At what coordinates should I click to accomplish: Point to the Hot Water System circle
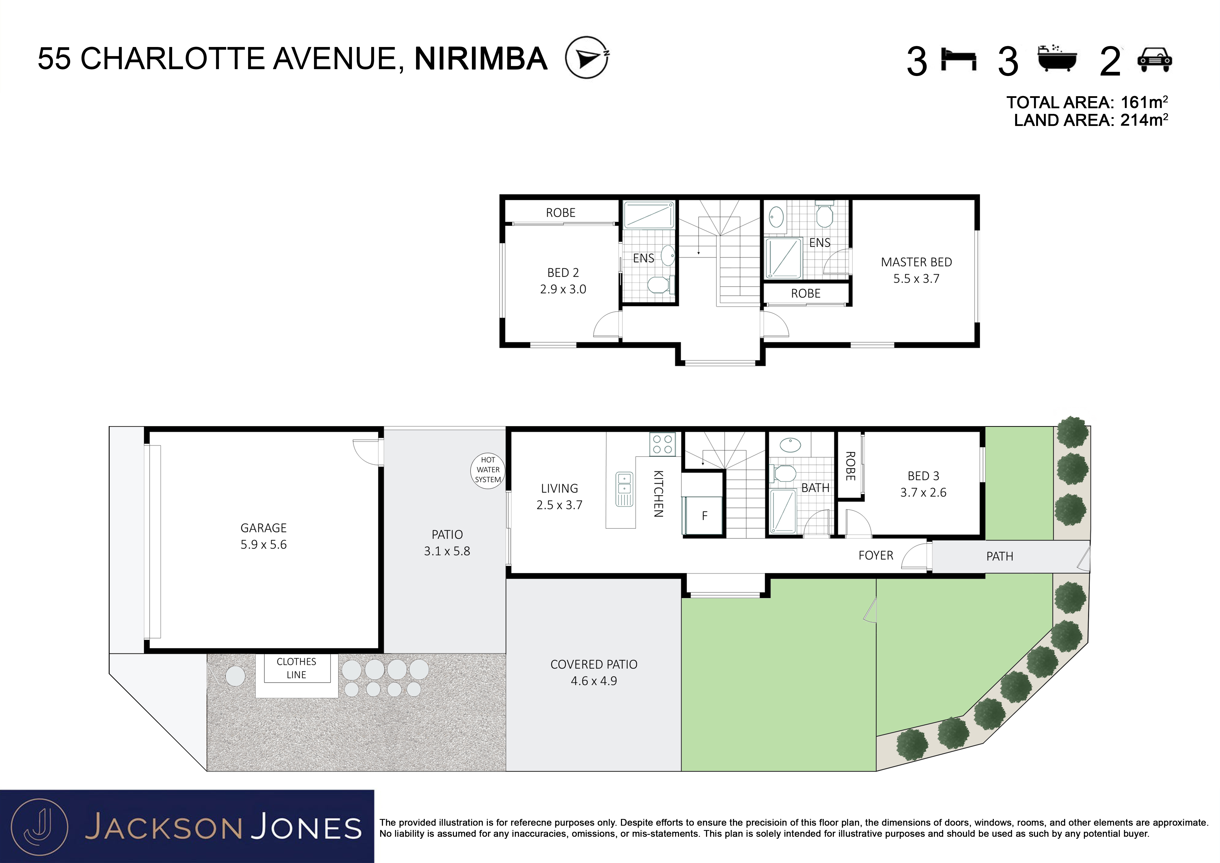click(x=488, y=470)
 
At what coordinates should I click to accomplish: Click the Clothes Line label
click(x=297, y=668)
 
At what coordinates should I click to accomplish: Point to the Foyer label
click(x=876, y=555)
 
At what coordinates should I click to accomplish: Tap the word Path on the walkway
click(x=999, y=556)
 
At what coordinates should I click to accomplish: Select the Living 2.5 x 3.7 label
click(x=559, y=496)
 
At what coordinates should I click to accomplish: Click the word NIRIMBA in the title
click(x=481, y=59)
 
